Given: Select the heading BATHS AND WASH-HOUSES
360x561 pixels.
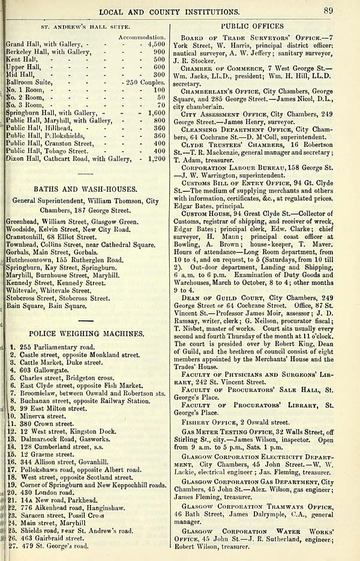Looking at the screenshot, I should tap(88, 188).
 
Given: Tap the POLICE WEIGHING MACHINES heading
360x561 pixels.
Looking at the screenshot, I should tap(88, 333).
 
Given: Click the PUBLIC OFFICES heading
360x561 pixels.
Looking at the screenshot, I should tap(252, 26).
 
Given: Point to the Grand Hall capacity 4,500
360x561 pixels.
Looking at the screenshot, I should tap(155, 44).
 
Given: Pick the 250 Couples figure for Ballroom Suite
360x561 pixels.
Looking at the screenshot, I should tap(143, 81).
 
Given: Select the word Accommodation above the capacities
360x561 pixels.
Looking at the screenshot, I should tap(143, 37).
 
